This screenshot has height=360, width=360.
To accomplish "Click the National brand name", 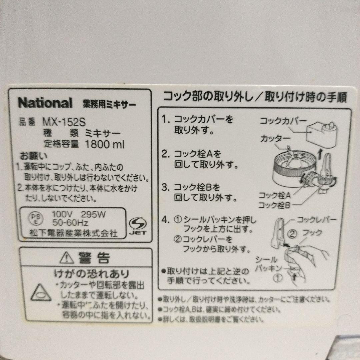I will [x=45, y=103].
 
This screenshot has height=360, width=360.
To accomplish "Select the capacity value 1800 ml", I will [x=105, y=144].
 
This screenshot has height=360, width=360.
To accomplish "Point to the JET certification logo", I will [x=137, y=226].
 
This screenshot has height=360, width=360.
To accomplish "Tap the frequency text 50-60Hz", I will [x=70, y=222].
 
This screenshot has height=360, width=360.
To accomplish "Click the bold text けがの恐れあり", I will [x=92, y=274].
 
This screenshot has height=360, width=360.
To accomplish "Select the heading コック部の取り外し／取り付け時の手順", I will [x=255, y=97].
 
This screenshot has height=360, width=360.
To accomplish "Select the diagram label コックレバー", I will [x=317, y=220].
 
